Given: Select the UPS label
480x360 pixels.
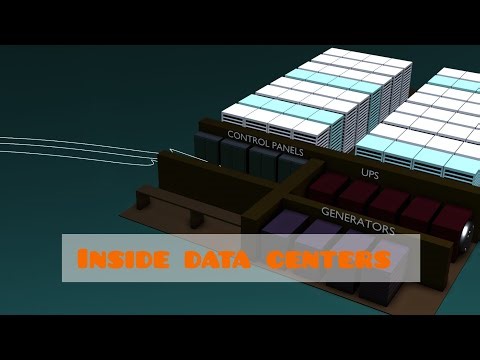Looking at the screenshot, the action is (370, 173).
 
